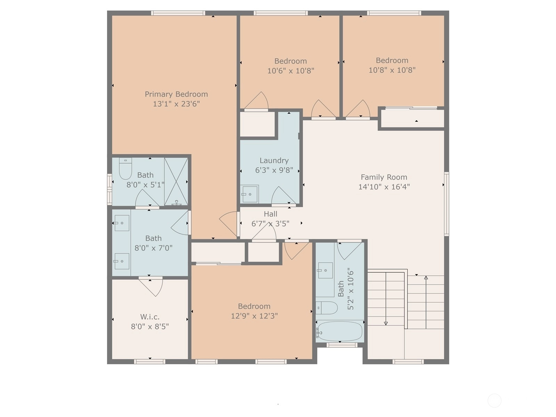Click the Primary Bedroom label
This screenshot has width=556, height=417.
(x=176, y=95)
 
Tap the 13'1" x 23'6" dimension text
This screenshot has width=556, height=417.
(x=176, y=104)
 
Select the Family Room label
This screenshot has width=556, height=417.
(x=384, y=177)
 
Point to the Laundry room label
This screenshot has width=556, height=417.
(x=274, y=161)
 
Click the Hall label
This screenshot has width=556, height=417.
(x=270, y=214)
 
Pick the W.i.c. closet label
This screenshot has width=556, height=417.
(x=150, y=317)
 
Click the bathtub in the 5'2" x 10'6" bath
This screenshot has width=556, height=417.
(x=340, y=331)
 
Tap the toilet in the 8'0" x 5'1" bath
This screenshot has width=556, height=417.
(x=125, y=169)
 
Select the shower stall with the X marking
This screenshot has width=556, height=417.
(x=176, y=181)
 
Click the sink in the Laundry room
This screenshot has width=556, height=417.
(x=250, y=194)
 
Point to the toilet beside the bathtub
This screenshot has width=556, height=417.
(x=327, y=308)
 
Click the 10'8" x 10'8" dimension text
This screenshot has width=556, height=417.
(x=392, y=70)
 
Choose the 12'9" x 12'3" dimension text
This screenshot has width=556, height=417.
(x=254, y=316)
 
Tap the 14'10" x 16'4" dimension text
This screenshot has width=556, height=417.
(x=384, y=187)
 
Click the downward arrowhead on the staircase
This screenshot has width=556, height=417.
(x=386, y=323)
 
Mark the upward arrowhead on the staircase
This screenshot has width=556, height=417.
(x=426, y=278)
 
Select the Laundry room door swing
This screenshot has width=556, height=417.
(x=284, y=195)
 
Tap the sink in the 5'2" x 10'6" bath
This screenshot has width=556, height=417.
(x=326, y=270)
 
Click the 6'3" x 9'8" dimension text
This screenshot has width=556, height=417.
(x=274, y=170)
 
